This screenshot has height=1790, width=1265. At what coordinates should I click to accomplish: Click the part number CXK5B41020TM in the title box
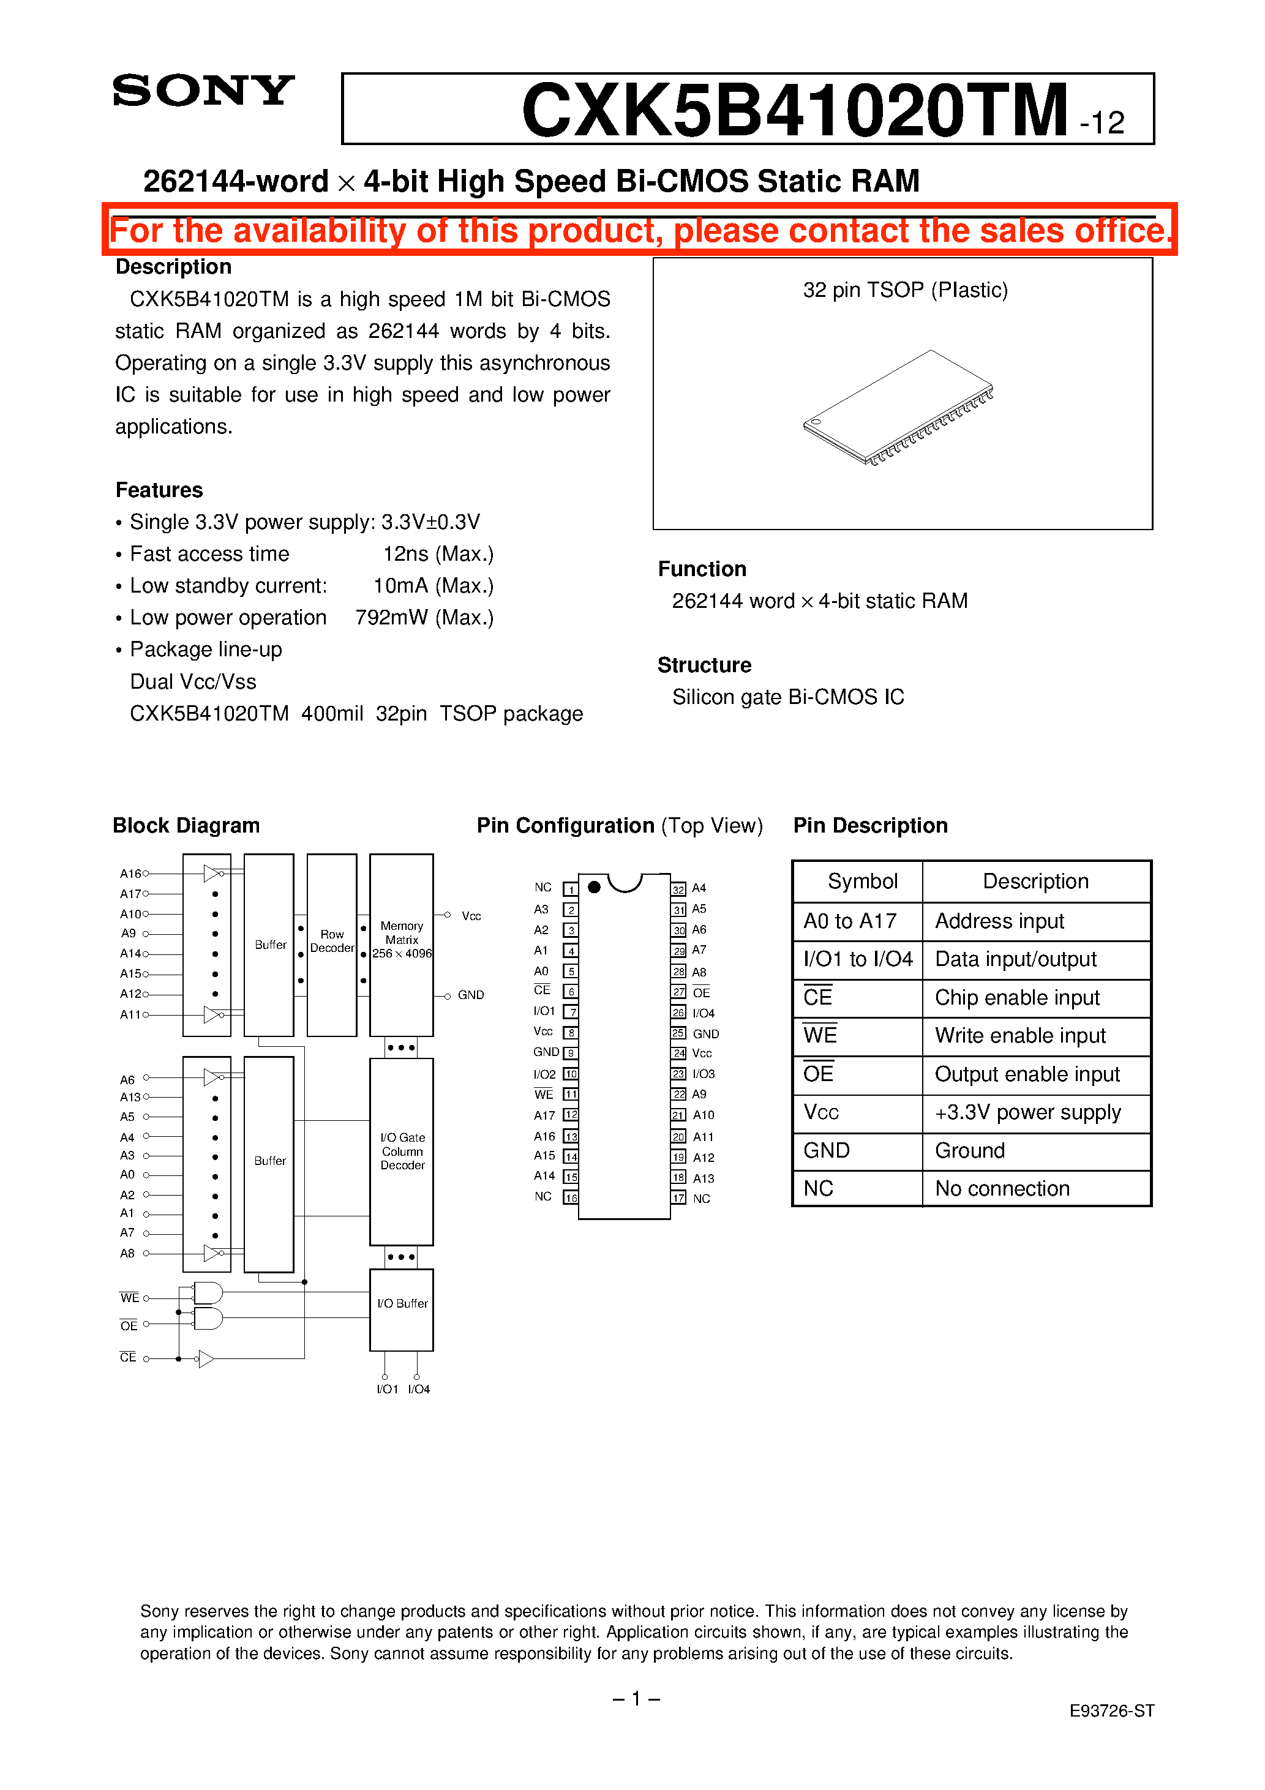[x=794, y=111]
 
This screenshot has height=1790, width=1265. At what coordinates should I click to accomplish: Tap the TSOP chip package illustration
[x=898, y=408]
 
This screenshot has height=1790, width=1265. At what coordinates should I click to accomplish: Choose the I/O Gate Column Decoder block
[x=402, y=1151]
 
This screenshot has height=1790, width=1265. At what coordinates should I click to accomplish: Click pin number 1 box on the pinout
[x=571, y=889]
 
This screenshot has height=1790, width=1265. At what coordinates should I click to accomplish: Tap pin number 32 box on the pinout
[x=678, y=889]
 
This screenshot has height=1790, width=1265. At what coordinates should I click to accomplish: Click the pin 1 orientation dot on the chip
[x=595, y=886]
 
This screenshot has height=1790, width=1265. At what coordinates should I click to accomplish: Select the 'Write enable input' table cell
[x=1020, y=1035]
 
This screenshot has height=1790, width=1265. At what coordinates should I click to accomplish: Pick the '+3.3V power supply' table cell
[x=1028, y=1112]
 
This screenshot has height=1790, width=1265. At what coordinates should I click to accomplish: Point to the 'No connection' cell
[x=1002, y=1188]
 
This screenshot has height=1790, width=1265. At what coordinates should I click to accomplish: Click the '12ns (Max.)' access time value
[x=438, y=553]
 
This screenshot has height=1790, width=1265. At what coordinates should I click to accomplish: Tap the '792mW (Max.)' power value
[x=424, y=618]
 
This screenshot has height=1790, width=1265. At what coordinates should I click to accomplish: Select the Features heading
[x=159, y=490]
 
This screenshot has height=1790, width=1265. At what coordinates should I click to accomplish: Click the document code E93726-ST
[x=1111, y=1710]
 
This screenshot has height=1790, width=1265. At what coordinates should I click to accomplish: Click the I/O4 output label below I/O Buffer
[x=419, y=1389]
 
